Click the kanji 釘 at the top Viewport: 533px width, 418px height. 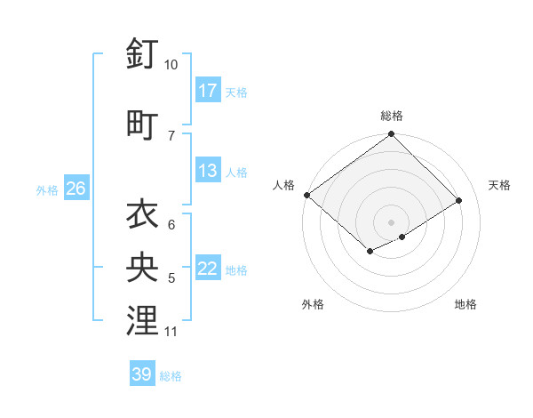[x=142, y=55]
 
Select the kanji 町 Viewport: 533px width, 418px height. [x=142, y=125]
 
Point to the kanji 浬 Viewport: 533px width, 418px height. [x=142, y=320]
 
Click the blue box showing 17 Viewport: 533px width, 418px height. [x=208, y=91]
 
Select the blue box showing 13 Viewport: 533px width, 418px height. [x=208, y=171]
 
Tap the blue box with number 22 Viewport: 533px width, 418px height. [x=208, y=269]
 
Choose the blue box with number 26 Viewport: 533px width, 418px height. [x=76, y=189]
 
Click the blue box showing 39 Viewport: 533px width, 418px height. [x=142, y=374]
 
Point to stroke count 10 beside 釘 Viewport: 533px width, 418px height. [x=171, y=65]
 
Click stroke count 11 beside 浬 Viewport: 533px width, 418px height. [x=171, y=332]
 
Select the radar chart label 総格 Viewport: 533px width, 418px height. [x=392, y=116]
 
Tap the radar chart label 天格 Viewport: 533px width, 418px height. [x=499, y=185]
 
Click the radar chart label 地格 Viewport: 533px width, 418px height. [x=465, y=304]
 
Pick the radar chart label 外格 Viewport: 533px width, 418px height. [x=313, y=304]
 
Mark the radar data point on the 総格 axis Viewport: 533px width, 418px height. [x=391, y=134]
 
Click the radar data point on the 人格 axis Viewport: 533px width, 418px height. [x=306, y=195]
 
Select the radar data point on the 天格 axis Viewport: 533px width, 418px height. [x=459, y=201]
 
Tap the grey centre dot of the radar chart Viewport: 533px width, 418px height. [x=391, y=221]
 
